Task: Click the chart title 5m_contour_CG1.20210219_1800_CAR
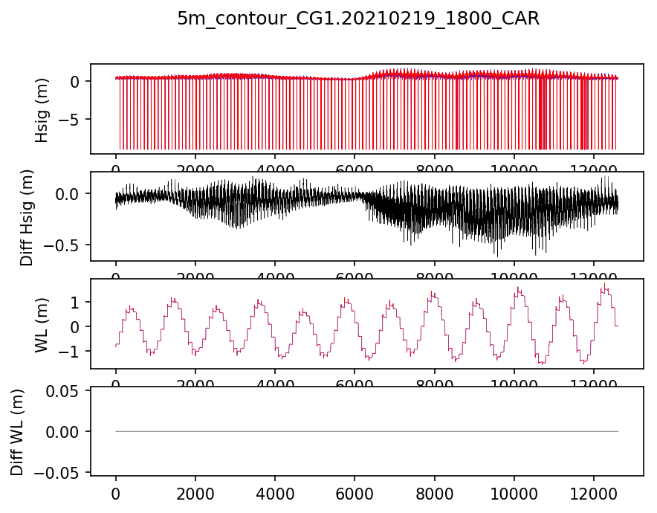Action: (x=357, y=19)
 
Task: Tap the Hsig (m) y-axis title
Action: (x=42, y=109)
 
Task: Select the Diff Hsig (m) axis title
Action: (x=26, y=216)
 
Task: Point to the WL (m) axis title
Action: (x=42, y=324)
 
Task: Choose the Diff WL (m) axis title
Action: (x=18, y=431)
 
